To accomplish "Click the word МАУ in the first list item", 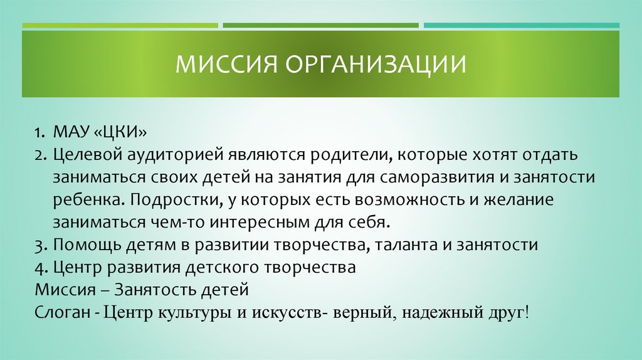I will (71, 134).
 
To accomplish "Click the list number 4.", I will (39, 267).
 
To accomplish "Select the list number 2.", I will (39, 155).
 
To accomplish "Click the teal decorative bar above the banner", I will (521, 26).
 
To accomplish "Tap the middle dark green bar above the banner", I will (320, 26).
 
